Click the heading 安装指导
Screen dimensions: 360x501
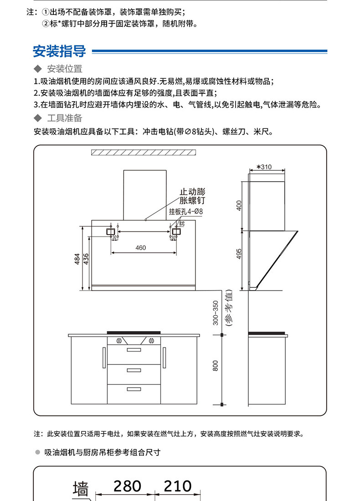tap(59, 51)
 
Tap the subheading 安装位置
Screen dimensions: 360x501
tap(64, 69)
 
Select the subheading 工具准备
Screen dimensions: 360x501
tap(64, 118)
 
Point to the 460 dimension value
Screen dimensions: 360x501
tap(141, 248)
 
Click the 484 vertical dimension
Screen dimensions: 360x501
tap(77, 258)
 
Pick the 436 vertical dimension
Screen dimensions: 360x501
tap(86, 258)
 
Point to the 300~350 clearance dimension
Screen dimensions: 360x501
tap(216, 312)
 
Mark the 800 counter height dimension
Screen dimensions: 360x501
tap(216, 365)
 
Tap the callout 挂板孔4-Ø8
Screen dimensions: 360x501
tap(185, 211)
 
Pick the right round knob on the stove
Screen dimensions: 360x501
tap(149, 340)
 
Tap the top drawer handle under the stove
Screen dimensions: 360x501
tap(134, 350)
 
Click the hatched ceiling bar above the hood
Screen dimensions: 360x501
tap(143, 153)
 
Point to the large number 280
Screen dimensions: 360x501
tap(127, 486)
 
